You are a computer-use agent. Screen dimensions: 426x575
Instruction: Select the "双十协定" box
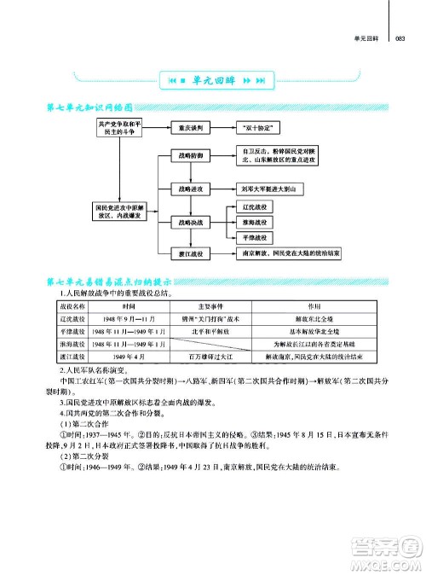coord(253,128)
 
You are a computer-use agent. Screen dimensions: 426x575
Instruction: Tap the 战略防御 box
coord(191,157)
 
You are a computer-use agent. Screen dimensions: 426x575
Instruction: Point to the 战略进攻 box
coord(191,189)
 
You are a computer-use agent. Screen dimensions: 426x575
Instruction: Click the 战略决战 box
coord(191,221)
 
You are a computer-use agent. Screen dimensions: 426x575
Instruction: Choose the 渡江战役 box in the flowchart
coord(191,253)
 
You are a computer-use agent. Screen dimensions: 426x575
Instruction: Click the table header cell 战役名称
coord(72,305)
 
